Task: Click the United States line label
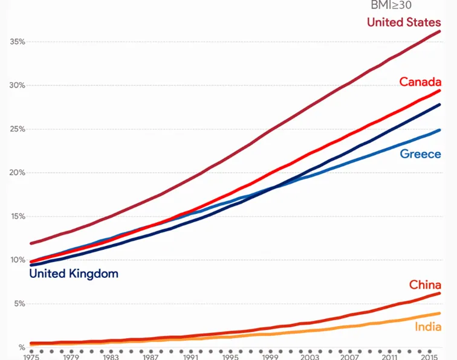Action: click(x=404, y=22)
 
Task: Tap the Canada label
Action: click(x=420, y=82)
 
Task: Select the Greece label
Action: click(x=420, y=154)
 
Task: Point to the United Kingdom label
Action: click(x=74, y=274)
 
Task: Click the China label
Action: click(x=425, y=284)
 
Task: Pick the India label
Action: click(x=428, y=327)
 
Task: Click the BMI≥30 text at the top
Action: click(x=391, y=5)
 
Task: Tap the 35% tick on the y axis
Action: click(x=18, y=42)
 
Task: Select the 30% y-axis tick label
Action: click(x=18, y=85)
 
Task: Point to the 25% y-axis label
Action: click(x=18, y=129)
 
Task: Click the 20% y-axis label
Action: click(x=18, y=173)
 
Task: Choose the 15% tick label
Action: click(x=18, y=216)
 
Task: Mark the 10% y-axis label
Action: click(x=18, y=260)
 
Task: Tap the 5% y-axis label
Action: click(x=19, y=304)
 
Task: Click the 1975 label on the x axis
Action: click(x=31, y=358)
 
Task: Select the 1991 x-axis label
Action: click(x=190, y=358)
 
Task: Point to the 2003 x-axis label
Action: click(x=310, y=358)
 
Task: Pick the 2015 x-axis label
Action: click(x=430, y=358)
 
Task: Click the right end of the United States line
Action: click(x=439, y=31)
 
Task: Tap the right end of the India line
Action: click(x=439, y=313)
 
